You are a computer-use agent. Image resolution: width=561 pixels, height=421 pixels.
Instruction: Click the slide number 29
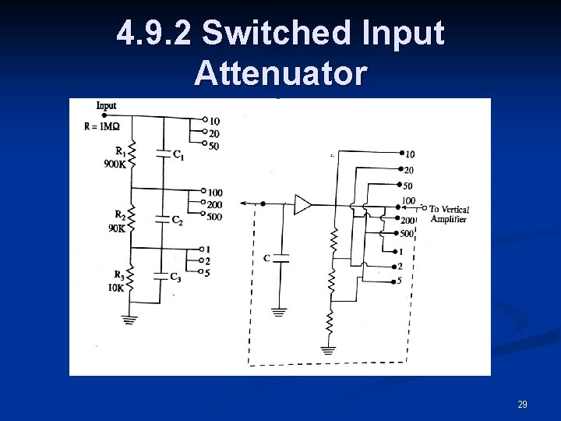(x=522, y=405)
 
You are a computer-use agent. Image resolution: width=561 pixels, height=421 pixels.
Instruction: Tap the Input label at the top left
(x=107, y=105)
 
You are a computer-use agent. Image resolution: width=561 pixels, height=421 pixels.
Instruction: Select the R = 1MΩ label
(x=102, y=127)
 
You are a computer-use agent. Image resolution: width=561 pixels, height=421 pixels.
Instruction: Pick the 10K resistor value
(x=116, y=287)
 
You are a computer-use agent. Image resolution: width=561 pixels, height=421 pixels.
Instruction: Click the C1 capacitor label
(x=178, y=157)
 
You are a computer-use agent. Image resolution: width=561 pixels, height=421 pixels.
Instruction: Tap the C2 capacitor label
(x=177, y=221)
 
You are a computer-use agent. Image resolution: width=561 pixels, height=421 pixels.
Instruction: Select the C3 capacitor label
(x=175, y=278)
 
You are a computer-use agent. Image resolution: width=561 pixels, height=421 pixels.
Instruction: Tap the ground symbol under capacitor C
(x=279, y=313)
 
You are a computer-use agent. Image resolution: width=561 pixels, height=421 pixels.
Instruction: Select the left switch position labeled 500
(x=214, y=217)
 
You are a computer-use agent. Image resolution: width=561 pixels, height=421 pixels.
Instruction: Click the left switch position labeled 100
(x=214, y=193)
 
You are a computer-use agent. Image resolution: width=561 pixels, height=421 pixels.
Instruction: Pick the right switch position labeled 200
(x=408, y=221)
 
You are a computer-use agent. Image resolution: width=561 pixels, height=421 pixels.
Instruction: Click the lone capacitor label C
(x=267, y=257)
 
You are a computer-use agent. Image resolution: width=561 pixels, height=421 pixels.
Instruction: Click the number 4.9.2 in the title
(x=153, y=34)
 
